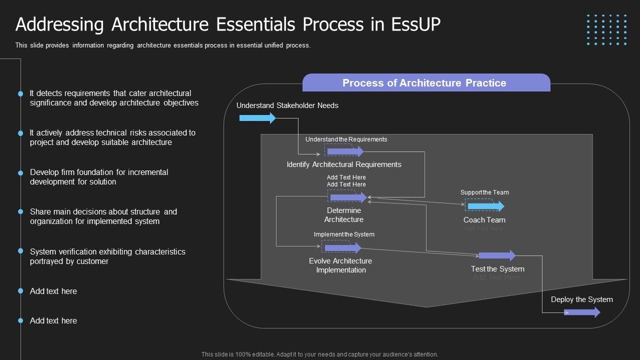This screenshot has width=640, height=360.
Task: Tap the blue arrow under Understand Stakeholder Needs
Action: coord(257,118)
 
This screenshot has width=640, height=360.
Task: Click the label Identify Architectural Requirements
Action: coord(344,164)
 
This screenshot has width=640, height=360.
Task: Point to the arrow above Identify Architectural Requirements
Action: coord(345,151)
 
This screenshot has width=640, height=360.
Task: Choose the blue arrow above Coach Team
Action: coord(485,206)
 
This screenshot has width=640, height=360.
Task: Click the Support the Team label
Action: coord(484,192)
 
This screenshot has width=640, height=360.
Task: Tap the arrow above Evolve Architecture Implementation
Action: coord(342,247)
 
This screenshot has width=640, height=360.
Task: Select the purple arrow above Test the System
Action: coord(497,256)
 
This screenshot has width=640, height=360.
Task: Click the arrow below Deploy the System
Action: coord(582,312)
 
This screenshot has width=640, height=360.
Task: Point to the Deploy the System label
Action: coord(581,299)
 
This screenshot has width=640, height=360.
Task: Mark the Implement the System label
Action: coord(344,234)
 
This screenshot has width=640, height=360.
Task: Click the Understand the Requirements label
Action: coord(346,139)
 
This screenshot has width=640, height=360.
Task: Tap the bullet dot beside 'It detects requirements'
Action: coord(20,93)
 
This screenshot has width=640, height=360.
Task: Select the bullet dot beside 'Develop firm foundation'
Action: coord(20,173)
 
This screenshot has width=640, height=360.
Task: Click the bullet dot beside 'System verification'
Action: coord(20,251)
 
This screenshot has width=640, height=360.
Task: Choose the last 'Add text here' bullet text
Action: coord(53,321)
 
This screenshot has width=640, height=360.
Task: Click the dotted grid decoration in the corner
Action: coord(606,30)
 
